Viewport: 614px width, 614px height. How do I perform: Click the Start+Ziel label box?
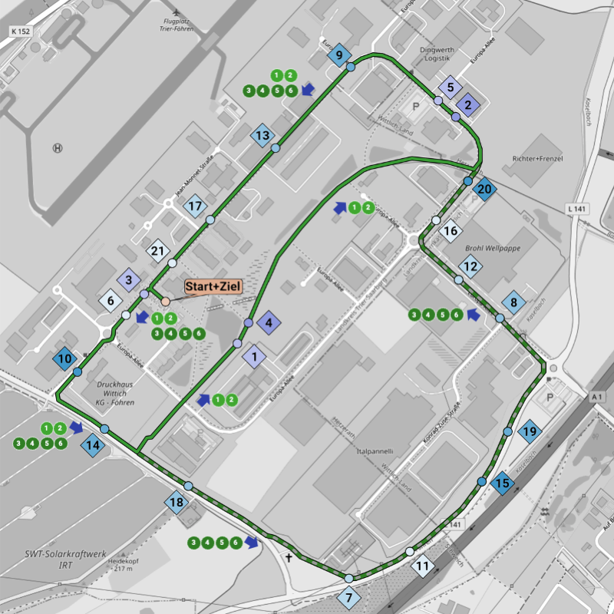click(x=213, y=286)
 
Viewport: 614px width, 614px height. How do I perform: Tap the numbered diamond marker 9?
click(x=338, y=55)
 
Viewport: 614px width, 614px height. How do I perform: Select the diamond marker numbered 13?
click(x=262, y=136)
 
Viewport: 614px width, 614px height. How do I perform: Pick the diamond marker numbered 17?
click(x=196, y=206)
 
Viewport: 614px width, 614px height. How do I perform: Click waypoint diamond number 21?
click(x=159, y=251)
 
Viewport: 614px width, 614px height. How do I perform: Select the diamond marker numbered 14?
click(x=93, y=446)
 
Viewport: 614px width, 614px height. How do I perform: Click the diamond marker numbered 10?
click(x=64, y=358)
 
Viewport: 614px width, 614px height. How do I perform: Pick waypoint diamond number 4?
click(x=269, y=322)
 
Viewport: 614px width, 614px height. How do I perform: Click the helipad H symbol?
click(x=58, y=147)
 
